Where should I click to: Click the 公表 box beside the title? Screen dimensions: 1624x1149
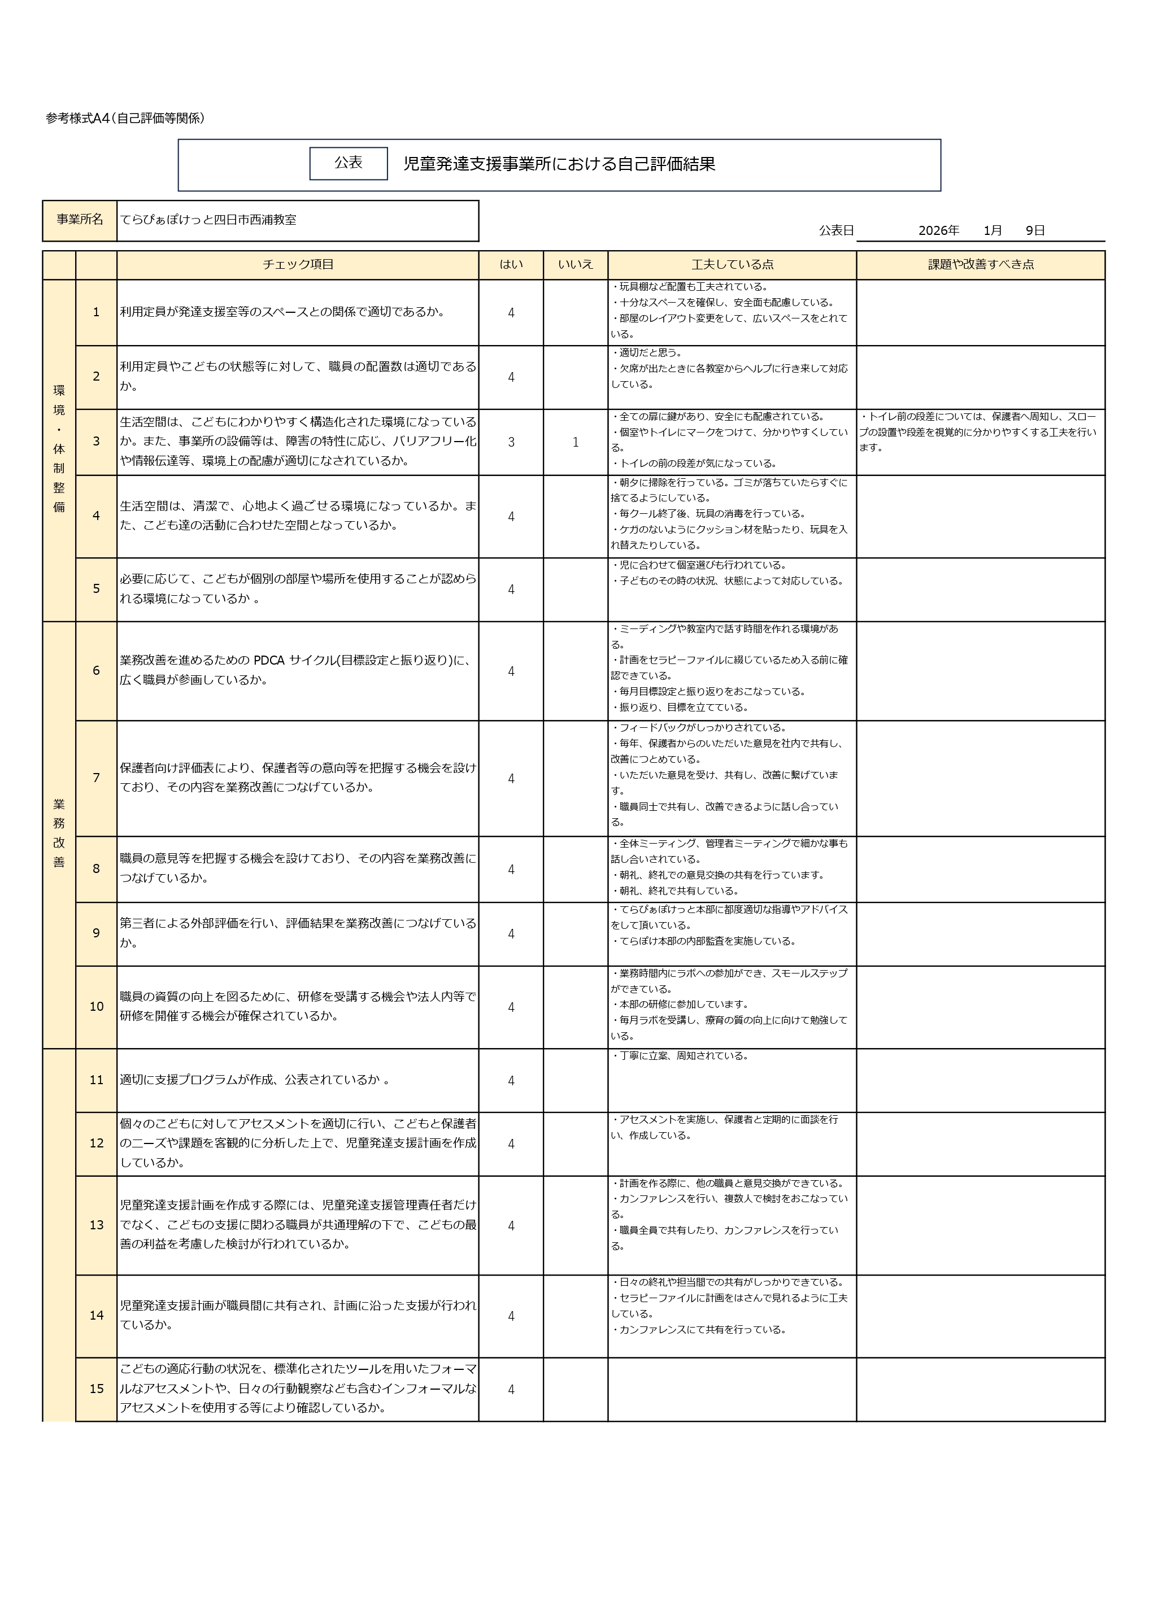[x=348, y=163]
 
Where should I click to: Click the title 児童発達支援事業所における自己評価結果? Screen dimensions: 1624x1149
[x=559, y=164]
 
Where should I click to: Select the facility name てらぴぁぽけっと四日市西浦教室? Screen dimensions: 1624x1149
[x=208, y=220]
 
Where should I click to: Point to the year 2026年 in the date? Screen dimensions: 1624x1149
[x=938, y=230]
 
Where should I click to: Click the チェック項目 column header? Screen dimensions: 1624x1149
[x=297, y=264]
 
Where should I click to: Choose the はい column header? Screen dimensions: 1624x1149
[x=511, y=264]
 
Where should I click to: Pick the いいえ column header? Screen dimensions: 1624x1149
[x=575, y=264]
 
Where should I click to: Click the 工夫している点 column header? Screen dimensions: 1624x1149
[x=732, y=264]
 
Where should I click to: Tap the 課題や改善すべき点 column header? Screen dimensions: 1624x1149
[x=980, y=264]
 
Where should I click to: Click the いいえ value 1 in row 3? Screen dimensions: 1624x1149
[x=575, y=442]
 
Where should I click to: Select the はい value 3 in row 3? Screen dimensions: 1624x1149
[x=511, y=442]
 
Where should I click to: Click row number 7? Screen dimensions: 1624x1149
[x=96, y=778]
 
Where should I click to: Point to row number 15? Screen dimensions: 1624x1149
[x=96, y=1389]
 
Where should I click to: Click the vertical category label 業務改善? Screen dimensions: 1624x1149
[x=59, y=833]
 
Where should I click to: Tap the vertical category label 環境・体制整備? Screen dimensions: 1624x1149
[x=59, y=448]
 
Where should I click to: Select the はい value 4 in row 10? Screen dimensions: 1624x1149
[x=511, y=1007]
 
